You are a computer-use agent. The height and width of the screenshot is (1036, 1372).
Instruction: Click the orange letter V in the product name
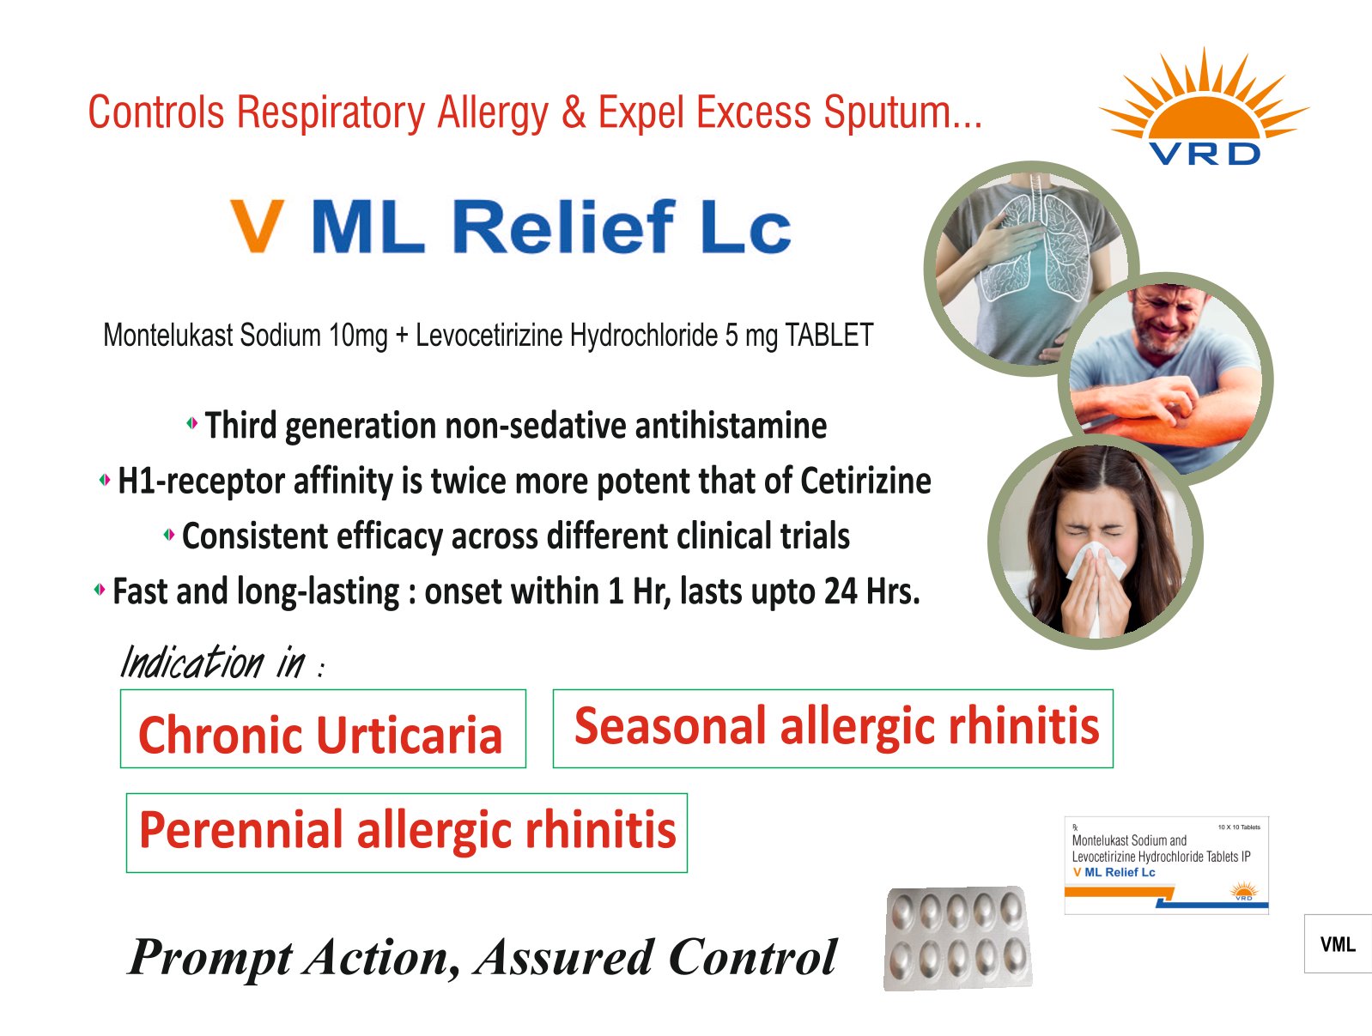(257, 226)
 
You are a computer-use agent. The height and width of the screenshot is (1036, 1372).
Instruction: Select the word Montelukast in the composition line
(168, 335)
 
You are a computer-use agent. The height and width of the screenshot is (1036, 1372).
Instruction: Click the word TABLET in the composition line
(829, 335)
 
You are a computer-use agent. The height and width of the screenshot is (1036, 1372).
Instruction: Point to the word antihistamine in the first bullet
(731, 426)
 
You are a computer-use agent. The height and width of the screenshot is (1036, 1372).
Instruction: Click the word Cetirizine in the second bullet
(865, 481)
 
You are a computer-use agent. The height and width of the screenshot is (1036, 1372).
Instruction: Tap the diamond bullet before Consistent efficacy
(169, 534)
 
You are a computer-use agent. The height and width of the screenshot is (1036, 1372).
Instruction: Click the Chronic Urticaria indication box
(323, 729)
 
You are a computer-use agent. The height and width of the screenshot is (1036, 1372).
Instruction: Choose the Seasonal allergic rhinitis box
(833, 729)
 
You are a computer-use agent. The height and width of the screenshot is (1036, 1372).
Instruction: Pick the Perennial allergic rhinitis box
(406, 833)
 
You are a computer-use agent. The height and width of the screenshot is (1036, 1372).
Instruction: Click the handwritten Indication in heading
(222, 663)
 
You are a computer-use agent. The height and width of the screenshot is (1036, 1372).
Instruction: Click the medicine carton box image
(1166, 865)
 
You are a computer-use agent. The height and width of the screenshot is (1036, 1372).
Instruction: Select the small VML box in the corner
(1338, 943)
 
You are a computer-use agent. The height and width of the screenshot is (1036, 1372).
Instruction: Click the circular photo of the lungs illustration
(1031, 269)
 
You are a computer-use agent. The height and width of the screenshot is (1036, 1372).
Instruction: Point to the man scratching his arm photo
(1166, 380)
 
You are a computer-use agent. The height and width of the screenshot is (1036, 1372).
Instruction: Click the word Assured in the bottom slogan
(565, 957)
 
